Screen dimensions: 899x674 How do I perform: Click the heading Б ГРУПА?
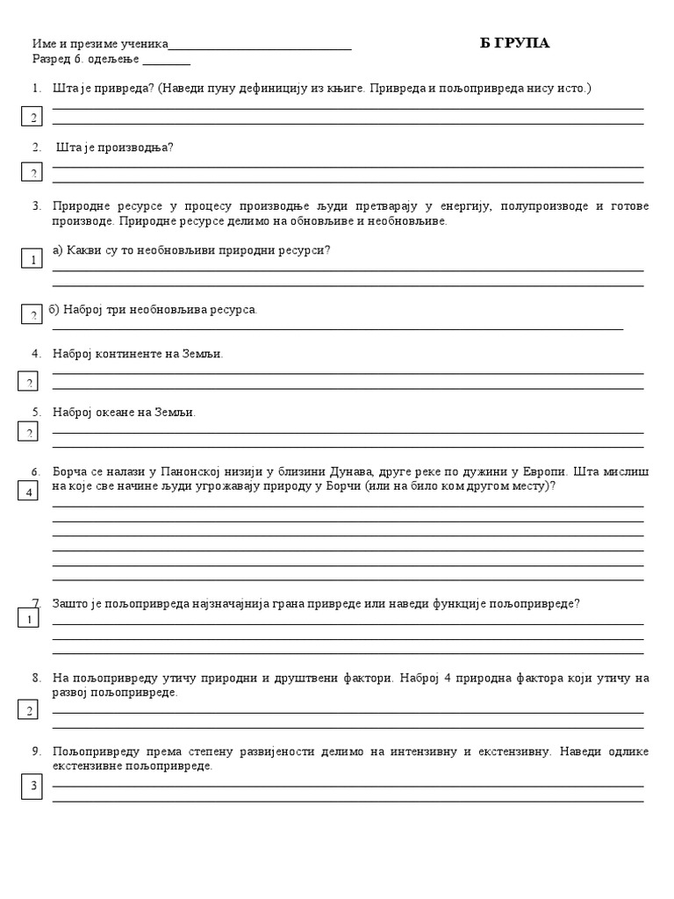pos(515,43)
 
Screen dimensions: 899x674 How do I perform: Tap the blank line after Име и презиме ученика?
pos(260,47)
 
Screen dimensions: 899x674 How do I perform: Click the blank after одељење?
pos(166,61)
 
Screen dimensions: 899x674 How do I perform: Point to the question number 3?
pos(36,206)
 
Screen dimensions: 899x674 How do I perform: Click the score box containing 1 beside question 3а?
pos(32,259)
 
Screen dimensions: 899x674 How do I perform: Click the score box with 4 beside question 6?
pos(30,491)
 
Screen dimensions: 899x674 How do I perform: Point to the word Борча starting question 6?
pos(70,471)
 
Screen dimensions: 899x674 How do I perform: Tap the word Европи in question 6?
pos(542,471)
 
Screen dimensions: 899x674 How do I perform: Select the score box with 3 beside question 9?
pos(33,786)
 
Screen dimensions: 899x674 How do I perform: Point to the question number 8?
pos(36,678)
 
